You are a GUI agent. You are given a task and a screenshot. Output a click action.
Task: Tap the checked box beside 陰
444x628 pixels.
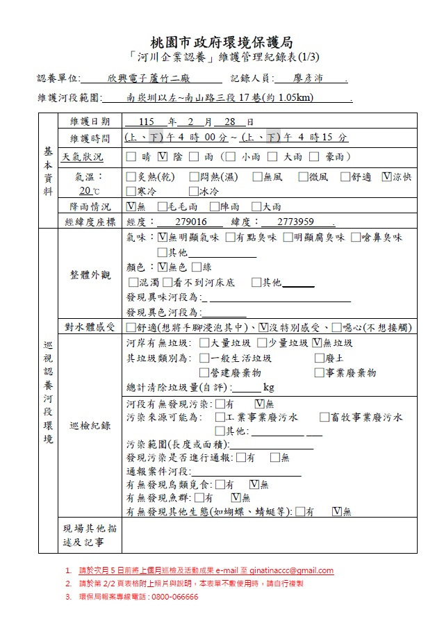162,157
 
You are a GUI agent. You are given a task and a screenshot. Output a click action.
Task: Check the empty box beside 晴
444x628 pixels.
131,157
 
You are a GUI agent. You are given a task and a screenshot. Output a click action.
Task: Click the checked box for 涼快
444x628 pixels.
386,177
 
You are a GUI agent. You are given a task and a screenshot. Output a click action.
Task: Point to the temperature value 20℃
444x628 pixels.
90,190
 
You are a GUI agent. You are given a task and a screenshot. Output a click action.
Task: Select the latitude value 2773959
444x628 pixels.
295,222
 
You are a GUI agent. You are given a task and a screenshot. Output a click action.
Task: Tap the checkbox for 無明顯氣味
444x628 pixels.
163,238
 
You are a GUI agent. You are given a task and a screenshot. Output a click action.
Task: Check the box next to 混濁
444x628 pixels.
133,282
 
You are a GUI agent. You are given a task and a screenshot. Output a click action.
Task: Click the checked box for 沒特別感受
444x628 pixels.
263,327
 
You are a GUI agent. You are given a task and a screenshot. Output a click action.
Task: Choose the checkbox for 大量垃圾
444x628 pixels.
204,342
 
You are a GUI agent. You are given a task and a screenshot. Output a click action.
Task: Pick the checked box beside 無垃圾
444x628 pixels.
318,342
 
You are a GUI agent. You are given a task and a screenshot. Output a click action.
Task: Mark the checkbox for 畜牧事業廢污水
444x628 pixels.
324,418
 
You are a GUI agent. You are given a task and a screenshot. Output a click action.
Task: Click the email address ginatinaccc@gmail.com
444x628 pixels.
286,571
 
